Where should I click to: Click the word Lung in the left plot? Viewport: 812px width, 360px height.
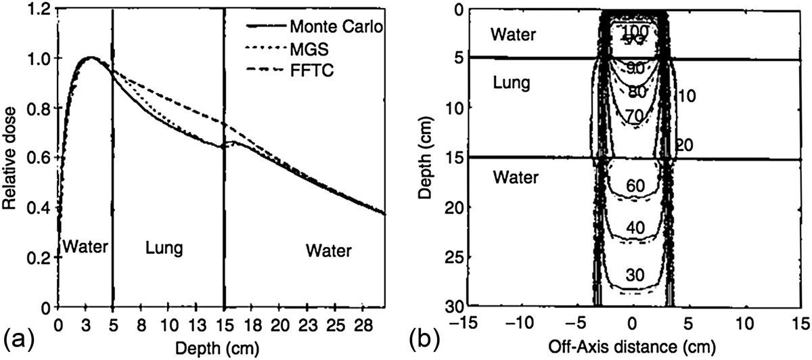tap(164, 248)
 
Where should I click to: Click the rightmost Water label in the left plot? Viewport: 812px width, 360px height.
tap(328, 252)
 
